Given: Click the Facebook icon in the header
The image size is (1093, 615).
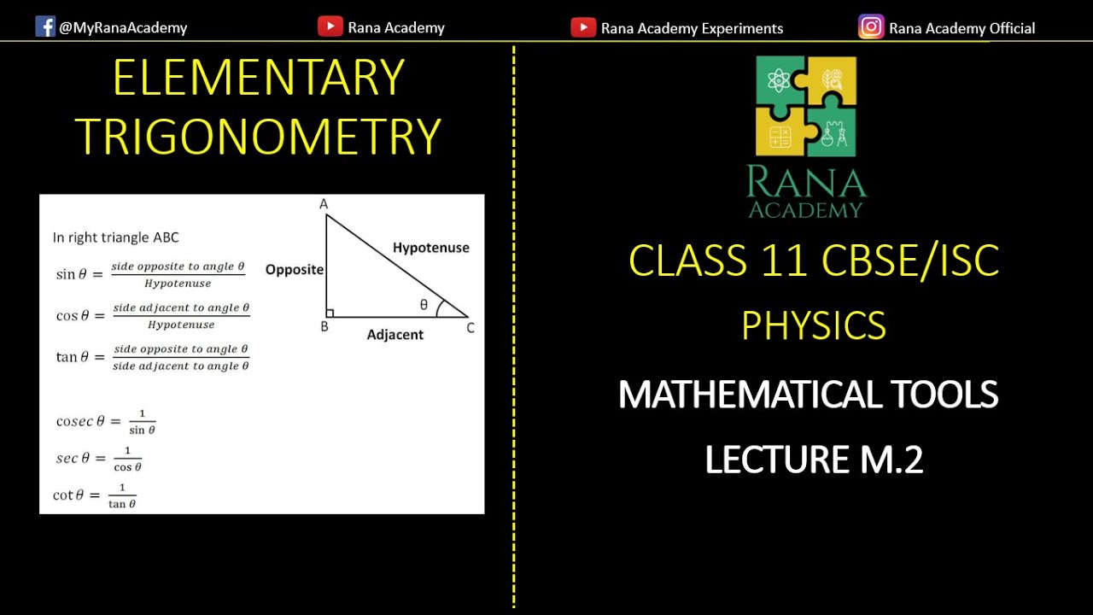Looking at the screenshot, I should coord(45,26).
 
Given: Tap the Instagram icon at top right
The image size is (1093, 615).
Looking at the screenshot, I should coord(871,26).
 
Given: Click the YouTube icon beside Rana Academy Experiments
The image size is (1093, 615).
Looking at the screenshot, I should coord(583,27).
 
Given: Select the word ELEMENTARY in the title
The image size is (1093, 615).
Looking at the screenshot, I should coord(258,79).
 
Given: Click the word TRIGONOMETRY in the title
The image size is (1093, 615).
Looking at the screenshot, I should coord(258,136).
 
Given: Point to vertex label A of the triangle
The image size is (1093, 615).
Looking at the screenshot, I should coord(324,204).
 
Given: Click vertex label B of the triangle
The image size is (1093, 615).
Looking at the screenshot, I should coord(324,326).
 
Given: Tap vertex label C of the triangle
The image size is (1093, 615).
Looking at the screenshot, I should coord(471,327).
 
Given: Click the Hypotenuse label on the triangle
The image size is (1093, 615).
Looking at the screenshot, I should coord(431,248).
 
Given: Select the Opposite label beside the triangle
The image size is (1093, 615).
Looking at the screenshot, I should coord(295,270).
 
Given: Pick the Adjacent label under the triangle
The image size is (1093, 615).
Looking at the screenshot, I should coord(395,335).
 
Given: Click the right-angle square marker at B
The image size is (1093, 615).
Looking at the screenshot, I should coord(330,313).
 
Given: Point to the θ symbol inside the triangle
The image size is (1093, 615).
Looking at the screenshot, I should coord(424,305).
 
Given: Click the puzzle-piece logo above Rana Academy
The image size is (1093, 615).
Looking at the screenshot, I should coord(806,106).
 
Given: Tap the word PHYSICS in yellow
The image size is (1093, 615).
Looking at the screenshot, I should coord(814,325).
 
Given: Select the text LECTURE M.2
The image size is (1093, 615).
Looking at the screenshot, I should coord(814,460).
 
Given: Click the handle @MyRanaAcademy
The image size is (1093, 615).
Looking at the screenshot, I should coord(123,27).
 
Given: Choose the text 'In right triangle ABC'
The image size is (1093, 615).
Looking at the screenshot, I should coord(116,237).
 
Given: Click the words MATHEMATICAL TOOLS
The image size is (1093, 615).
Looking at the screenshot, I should coord(808,395).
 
